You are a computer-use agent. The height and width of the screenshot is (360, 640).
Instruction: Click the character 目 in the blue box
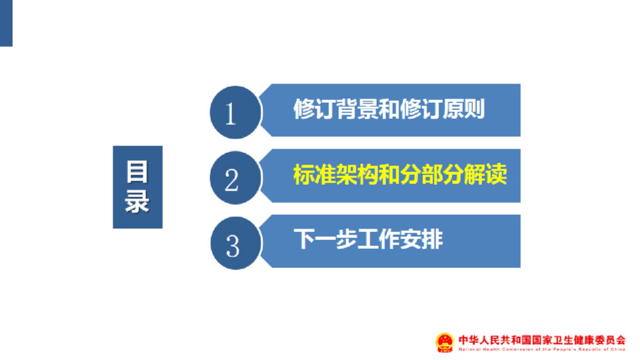click(137, 172)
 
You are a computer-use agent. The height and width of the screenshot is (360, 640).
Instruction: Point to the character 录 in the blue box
click(137, 201)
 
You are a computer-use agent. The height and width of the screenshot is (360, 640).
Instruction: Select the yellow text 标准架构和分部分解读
click(400, 175)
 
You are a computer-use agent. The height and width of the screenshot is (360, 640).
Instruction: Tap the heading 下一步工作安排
click(368, 239)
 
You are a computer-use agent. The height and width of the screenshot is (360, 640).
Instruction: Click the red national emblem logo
click(445, 342)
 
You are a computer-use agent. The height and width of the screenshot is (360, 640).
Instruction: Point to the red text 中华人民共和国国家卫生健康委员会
click(541, 339)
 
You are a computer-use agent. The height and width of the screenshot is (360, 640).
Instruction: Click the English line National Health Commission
click(541, 349)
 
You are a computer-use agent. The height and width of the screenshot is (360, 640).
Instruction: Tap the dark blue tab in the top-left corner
click(6, 23)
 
